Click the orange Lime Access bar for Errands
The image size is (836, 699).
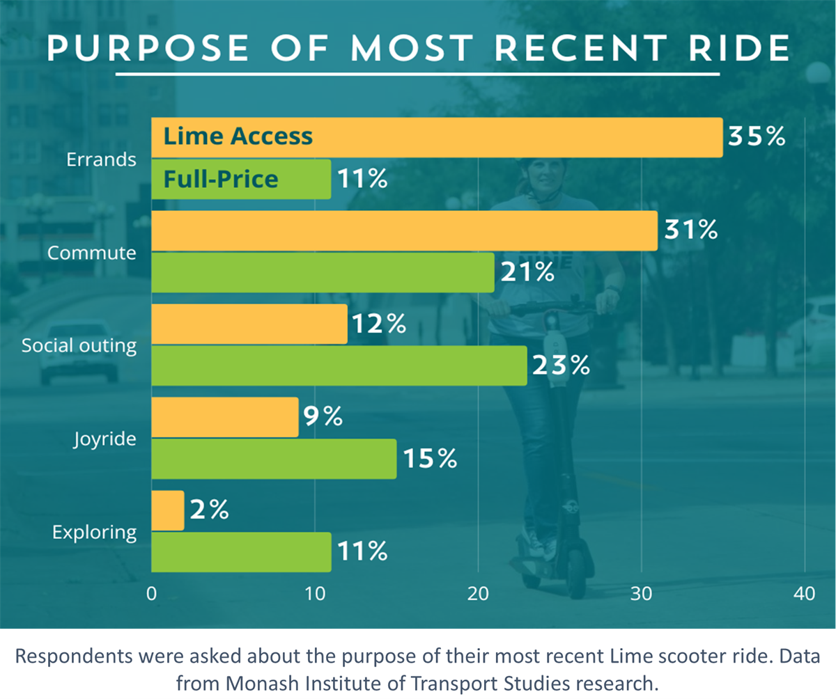point(488,137)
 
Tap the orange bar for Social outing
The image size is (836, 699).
point(249,324)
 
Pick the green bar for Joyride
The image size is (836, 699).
point(274,459)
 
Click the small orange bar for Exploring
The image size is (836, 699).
point(168,510)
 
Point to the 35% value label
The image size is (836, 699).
point(756,136)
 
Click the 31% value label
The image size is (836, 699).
point(690,230)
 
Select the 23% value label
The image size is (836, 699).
point(561,366)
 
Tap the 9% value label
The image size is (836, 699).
point(323,417)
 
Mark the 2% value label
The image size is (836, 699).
point(208,510)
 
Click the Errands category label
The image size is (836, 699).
point(101,159)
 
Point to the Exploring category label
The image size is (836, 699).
point(95,533)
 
